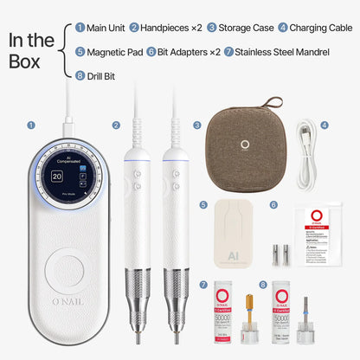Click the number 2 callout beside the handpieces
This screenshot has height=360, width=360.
(x=116, y=124)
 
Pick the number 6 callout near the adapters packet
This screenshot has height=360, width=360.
(x=273, y=205)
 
